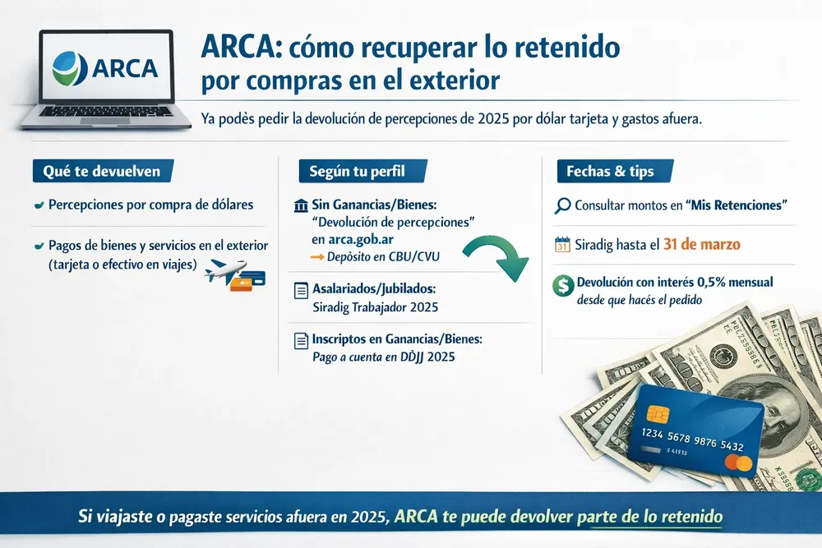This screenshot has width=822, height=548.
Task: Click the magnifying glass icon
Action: coord(563,205)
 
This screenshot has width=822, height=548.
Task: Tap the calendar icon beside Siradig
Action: coord(563,244)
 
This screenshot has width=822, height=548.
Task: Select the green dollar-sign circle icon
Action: coord(564,284)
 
